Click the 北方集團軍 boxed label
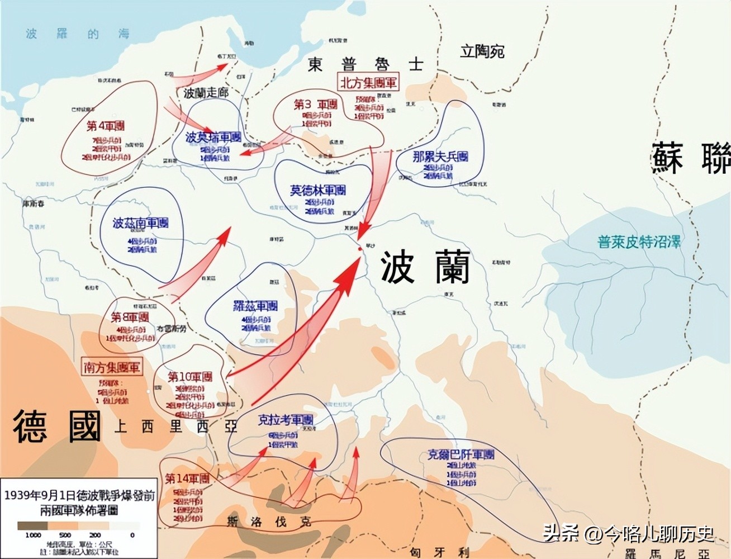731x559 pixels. (x=368, y=83)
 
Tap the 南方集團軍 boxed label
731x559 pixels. (x=111, y=367)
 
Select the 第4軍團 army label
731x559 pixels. (x=106, y=126)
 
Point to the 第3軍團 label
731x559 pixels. (x=316, y=105)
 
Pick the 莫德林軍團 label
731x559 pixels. (x=317, y=190)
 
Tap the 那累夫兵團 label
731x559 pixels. (x=440, y=157)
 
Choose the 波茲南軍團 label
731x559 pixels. (x=140, y=223)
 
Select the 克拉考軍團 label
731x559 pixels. (x=285, y=420)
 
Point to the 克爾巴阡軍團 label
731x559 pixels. (x=461, y=454)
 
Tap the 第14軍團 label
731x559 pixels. (x=187, y=479)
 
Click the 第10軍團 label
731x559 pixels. (x=190, y=377)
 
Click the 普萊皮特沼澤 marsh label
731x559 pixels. (x=639, y=242)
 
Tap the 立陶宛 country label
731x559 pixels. (x=482, y=52)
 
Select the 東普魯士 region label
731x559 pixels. (x=365, y=64)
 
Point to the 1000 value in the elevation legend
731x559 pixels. (x=33, y=535)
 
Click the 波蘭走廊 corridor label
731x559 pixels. (x=206, y=93)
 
